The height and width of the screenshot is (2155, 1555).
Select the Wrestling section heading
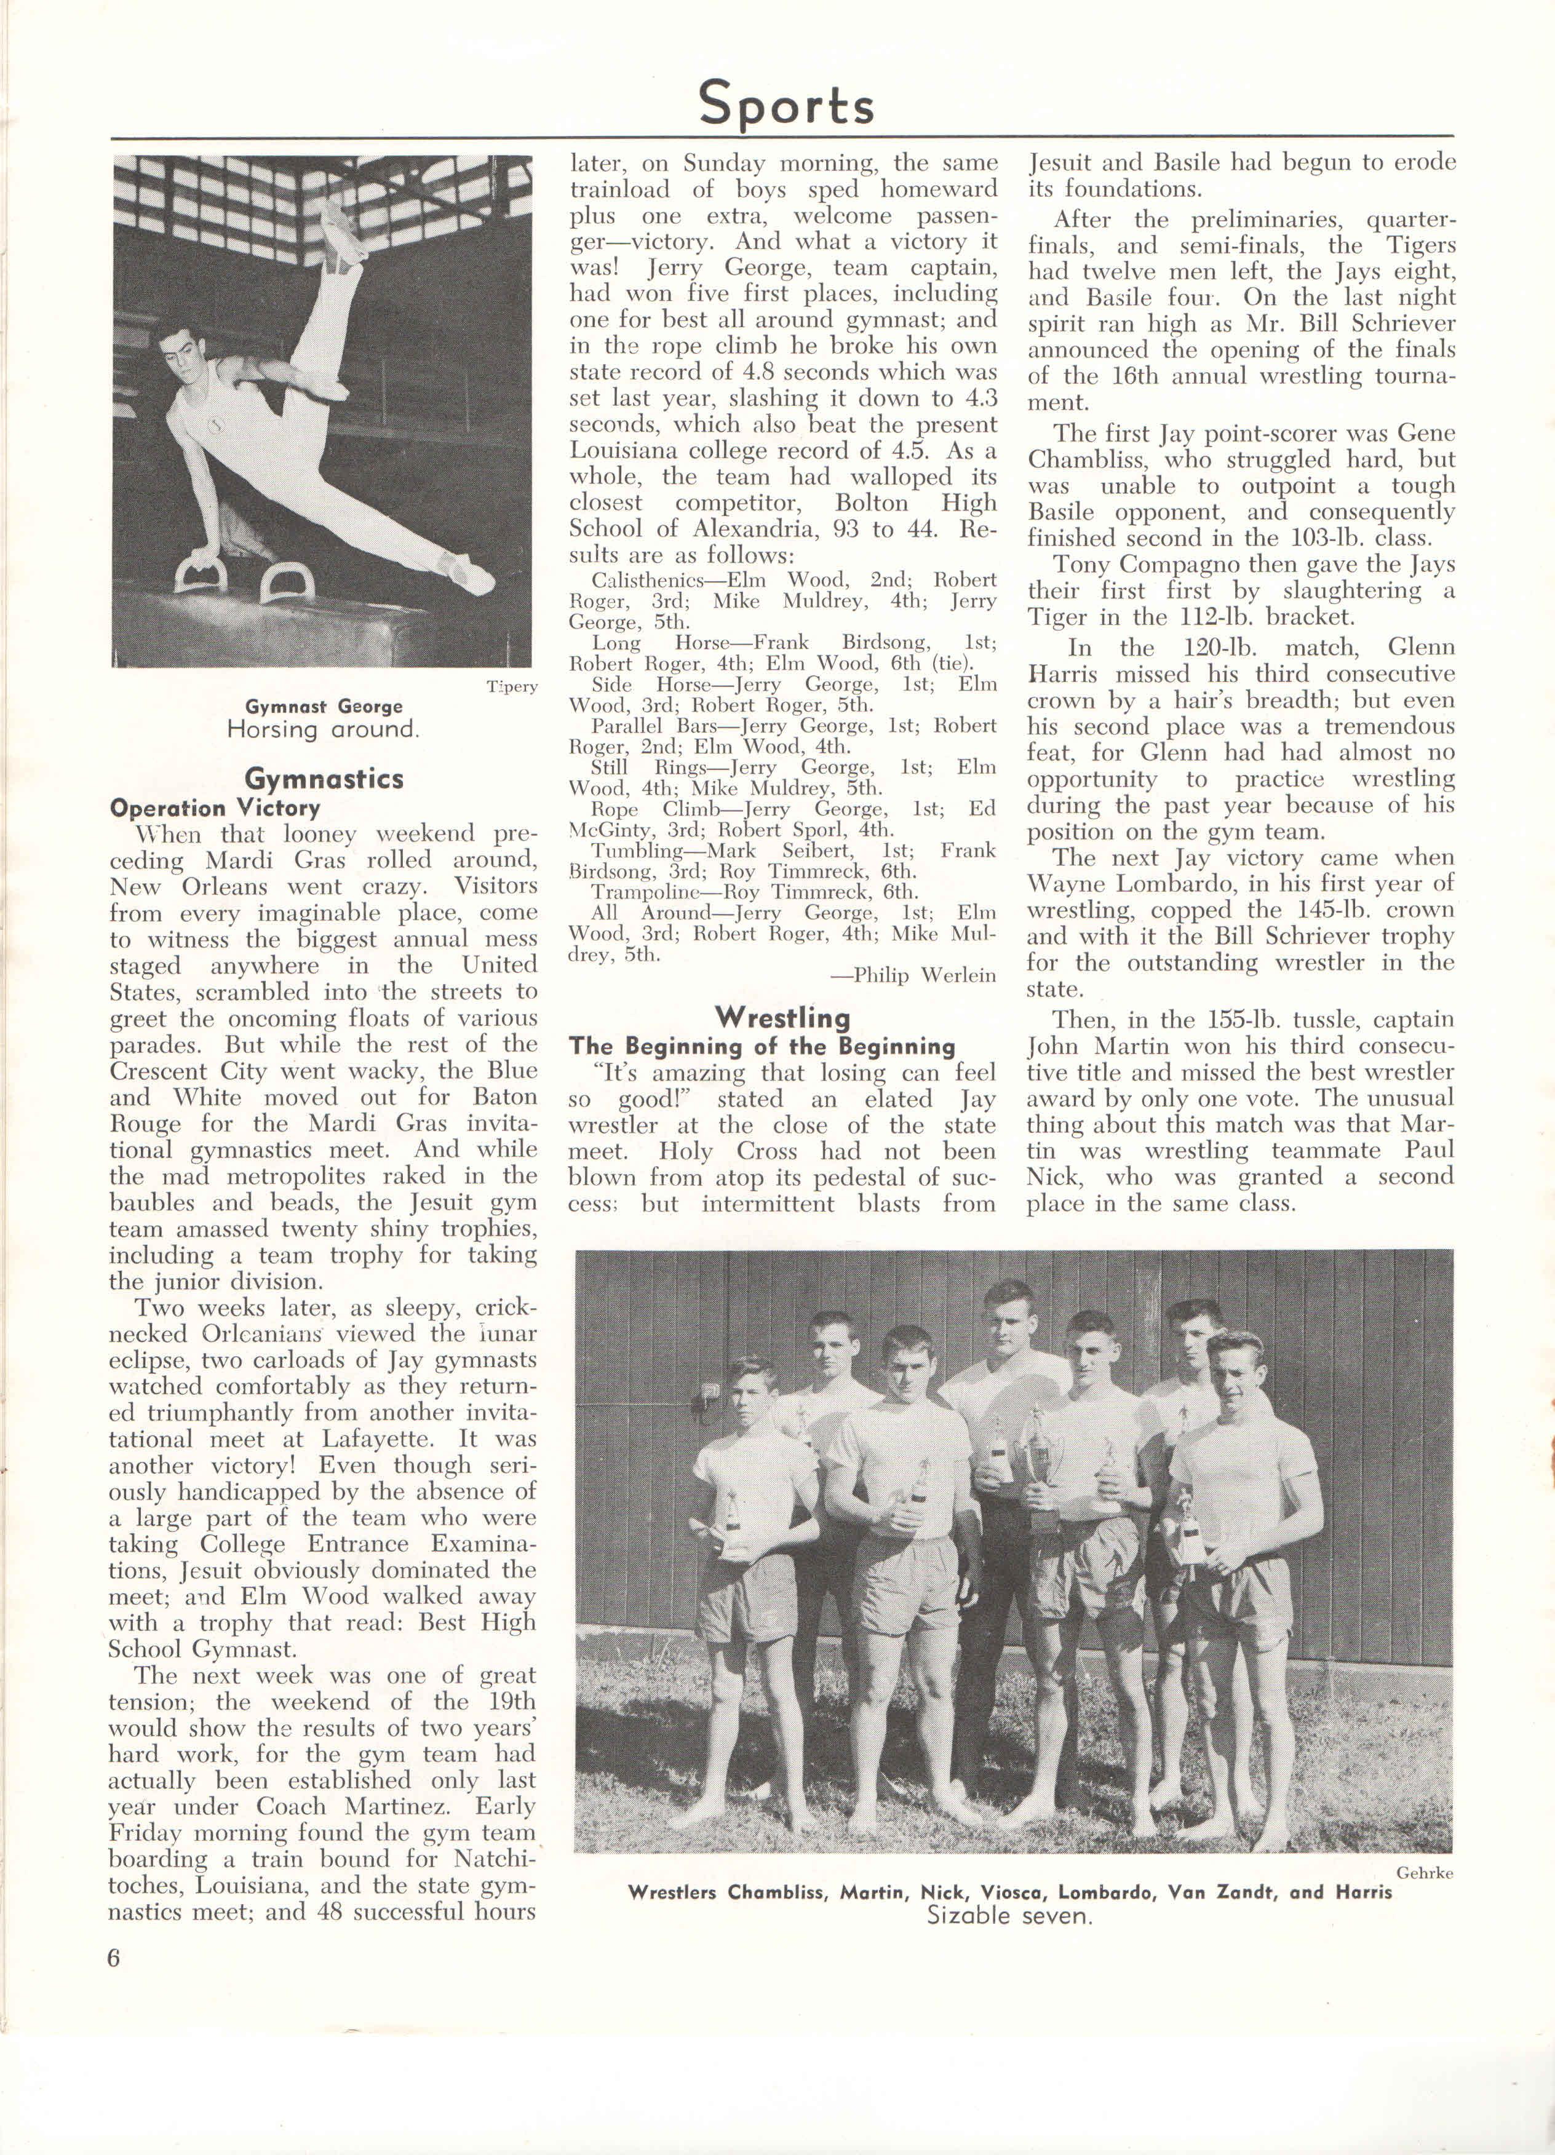pyautogui.click(x=782, y=1018)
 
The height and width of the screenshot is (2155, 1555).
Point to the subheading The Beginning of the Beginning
pyautogui.click(x=762, y=1046)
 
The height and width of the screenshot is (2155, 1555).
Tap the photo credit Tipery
pyautogui.click(x=511, y=686)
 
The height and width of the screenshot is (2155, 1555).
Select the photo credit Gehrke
pyautogui.click(x=1424, y=1872)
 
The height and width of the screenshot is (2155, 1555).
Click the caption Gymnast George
pyautogui.click(x=323, y=706)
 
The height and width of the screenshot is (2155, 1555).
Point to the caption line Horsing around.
pyautogui.click(x=323, y=730)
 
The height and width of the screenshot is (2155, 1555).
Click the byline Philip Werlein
pyautogui.click(x=912, y=975)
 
